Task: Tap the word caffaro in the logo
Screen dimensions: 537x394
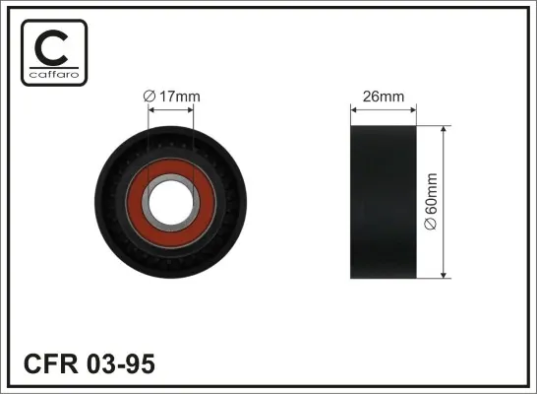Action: click(54, 75)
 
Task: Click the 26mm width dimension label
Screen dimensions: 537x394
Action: click(384, 97)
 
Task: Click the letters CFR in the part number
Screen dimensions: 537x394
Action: click(51, 363)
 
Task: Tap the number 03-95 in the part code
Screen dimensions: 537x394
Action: click(121, 363)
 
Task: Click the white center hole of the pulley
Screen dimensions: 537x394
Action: click(171, 201)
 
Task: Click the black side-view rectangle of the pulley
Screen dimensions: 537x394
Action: click(384, 202)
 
